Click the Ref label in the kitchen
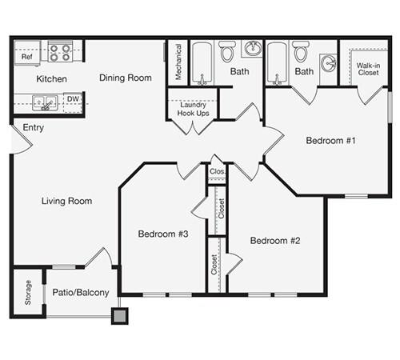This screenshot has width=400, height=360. pyautogui.click(x=26, y=58)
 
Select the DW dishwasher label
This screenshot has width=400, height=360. pyautogui.click(x=72, y=100)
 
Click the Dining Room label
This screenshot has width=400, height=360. pyautogui.click(x=126, y=78)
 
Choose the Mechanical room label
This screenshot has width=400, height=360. pyautogui.click(x=178, y=61)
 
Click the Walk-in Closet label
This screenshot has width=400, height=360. pyautogui.click(x=368, y=70)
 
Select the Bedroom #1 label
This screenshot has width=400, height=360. pyautogui.click(x=330, y=141)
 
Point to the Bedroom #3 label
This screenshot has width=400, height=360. pyautogui.click(x=162, y=234)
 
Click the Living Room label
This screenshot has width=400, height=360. pyautogui.click(x=66, y=201)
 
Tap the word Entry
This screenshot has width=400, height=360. pyautogui.click(x=34, y=128)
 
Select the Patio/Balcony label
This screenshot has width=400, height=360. pyautogui.click(x=80, y=293)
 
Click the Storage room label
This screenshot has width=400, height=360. pyautogui.click(x=27, y=292)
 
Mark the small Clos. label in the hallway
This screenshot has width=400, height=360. pyautogui.click(x=217, y=171)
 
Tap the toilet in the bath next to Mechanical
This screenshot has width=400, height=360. pyautogui.click(x=227, y=53)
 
